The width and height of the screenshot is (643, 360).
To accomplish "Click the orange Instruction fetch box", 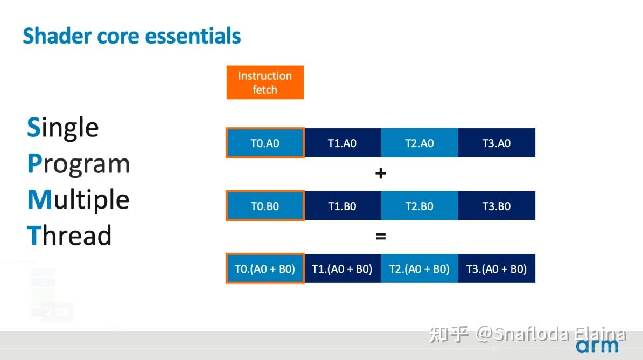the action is click(x=265, y=82).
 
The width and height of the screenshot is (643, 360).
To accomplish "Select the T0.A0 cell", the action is click(x=265, y=143).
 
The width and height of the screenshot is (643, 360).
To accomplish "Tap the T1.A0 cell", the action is click(x=343, y=143).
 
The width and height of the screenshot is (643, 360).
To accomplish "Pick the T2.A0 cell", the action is click(x=420, y=143).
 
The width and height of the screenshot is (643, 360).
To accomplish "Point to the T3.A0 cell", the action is click(x=497, y=143).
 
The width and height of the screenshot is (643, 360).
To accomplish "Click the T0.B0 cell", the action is click(x=265, y=206).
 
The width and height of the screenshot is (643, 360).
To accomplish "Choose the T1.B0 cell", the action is click(x=343, y=206).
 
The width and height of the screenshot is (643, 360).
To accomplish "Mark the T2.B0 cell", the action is click(x=420, y=206).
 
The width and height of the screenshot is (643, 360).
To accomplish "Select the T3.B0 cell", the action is click(x=497, y=206).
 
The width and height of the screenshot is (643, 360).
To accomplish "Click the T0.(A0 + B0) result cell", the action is click(x=265, y=268).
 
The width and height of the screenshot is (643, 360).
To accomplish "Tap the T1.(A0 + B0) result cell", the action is click(x=343, y=268).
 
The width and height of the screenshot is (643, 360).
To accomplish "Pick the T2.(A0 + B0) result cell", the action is click(x=420, y=268).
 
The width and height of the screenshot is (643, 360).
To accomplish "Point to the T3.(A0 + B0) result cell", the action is click(x=497, y=268).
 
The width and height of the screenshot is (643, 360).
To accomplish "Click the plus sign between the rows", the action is click(x=381, y=173).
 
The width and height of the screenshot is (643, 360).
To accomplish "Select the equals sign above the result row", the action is click(x=381, y=236).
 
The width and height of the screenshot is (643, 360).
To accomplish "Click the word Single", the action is click(x=63, y=128).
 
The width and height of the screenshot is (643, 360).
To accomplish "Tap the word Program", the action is click(x=78, y=164).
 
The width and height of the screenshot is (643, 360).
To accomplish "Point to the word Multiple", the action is click(x=78, y=200).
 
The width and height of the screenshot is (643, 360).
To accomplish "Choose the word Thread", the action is click(x=69, y=235).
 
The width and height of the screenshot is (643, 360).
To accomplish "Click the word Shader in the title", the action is click(x=58, y=36).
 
